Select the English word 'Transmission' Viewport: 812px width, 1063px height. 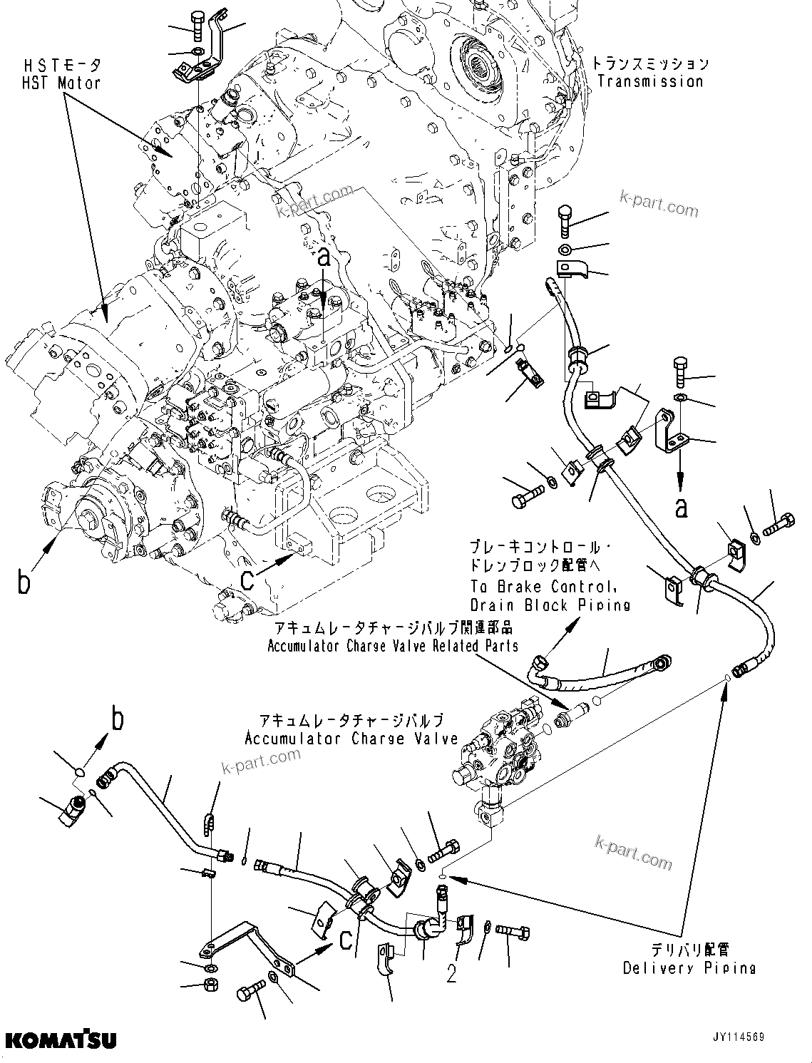(650, 81)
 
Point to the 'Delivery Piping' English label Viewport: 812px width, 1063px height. (689, 968)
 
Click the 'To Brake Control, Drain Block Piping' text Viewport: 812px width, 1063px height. (550, 595)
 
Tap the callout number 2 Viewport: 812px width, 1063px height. (451, 974)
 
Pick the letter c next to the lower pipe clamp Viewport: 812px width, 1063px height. (345, 941)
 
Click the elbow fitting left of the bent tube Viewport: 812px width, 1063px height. (73, 811)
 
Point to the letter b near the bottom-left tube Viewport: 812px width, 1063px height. (118, 719)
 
